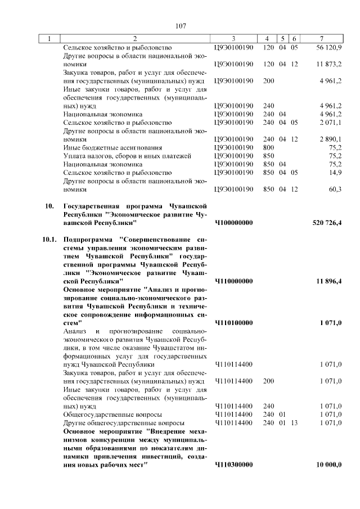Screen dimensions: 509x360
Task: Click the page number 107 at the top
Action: click(181, 26)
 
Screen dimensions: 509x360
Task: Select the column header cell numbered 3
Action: click(233, 39)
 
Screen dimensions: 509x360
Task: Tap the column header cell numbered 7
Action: click(321, 39)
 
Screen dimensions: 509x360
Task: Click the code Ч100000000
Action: click(233, 223)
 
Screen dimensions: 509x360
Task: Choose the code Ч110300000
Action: click(233, 465)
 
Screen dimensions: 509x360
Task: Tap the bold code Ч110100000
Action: click(233, 323)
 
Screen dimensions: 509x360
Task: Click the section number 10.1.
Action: click(49, 239)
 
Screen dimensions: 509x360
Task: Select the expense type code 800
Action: click(268, 147)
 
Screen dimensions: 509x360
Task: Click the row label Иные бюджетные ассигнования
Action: click(105, 147)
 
